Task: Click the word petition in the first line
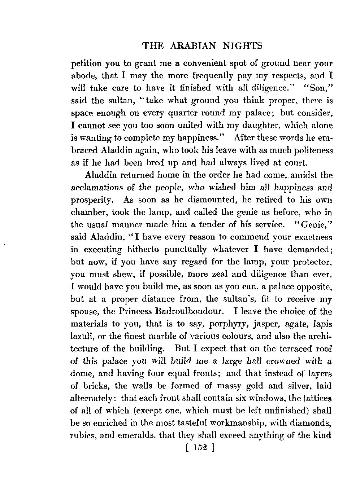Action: (x=86, y=64)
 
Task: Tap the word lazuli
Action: (x=82, y=337)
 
